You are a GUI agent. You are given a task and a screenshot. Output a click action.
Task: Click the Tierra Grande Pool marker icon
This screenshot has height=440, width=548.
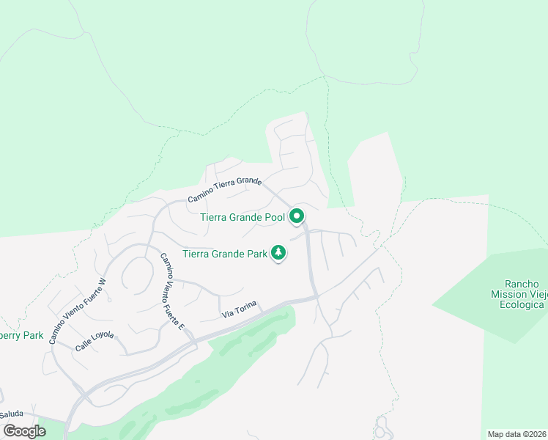tap(297, 216)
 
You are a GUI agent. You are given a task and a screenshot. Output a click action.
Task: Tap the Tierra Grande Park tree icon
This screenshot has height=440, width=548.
tap(278, 253)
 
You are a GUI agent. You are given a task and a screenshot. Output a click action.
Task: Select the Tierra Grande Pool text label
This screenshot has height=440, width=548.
tap(242, 217)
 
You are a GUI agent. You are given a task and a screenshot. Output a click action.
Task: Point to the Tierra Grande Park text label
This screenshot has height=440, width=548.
tap(223, 254)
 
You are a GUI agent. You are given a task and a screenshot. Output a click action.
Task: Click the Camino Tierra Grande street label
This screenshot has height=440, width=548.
tap(224, 189)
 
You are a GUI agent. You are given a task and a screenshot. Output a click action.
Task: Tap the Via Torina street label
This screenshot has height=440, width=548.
tap(238, 313)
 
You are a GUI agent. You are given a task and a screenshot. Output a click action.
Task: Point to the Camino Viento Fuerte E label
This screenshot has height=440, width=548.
tap(171, 291)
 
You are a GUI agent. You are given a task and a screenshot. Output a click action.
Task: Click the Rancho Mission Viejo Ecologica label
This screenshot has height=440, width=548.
tap(522, 294)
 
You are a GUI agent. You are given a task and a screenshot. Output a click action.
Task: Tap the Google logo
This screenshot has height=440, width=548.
tap(24, 431)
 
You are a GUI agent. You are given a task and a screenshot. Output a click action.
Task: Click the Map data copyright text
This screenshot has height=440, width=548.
tap(517, 434)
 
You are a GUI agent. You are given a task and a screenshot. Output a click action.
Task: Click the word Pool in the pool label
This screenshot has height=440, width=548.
tap(273, 217)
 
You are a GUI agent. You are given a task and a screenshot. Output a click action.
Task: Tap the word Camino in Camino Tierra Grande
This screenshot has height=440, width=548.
tap(200, 197)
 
